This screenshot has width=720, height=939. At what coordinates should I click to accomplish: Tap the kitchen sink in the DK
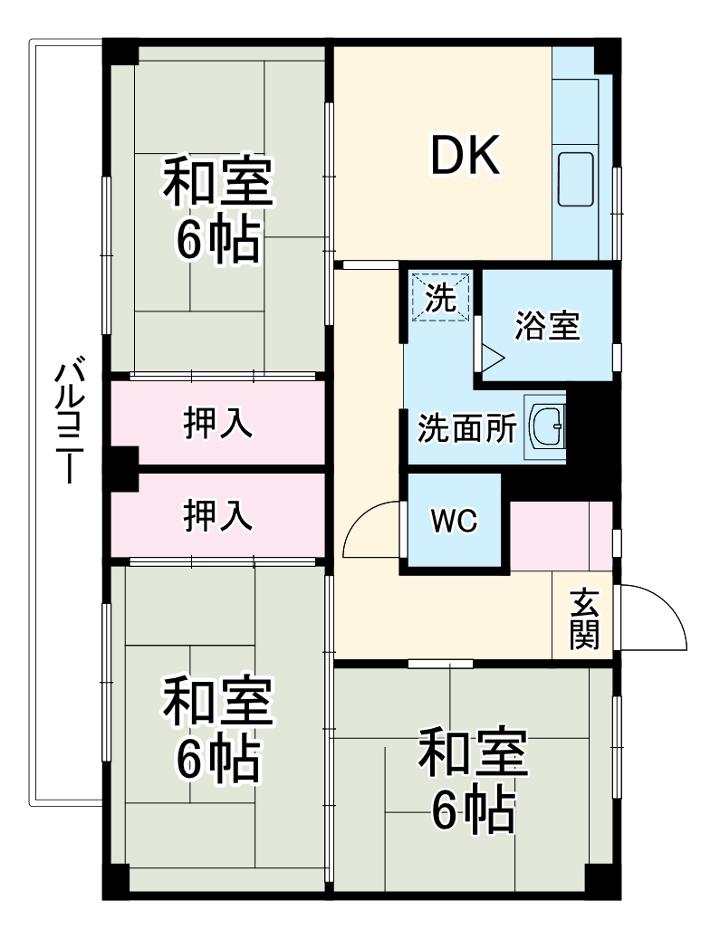click(575, 179)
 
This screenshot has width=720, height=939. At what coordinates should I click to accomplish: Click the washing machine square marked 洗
click(441, 298)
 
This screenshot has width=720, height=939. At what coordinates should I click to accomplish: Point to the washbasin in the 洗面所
click(545, 424)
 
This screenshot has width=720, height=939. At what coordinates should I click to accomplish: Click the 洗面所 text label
click(466, 428)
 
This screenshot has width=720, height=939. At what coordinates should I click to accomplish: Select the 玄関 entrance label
click(583, 620)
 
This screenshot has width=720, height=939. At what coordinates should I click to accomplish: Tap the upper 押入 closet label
click(217, 424)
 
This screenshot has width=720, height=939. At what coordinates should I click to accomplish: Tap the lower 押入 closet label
click(217, 515)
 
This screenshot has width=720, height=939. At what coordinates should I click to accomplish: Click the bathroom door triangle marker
click(491, 356)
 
